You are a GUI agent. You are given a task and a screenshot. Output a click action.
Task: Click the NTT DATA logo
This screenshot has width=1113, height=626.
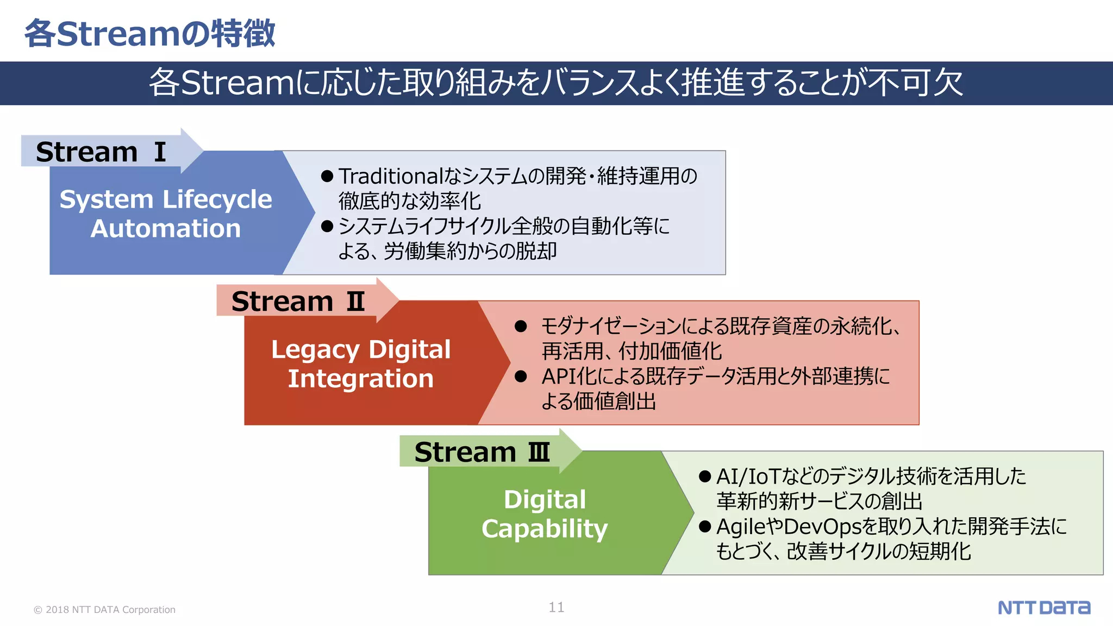[x=1043, y=608]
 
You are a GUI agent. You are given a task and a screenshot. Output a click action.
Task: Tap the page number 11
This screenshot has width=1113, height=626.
[x=556, y=608]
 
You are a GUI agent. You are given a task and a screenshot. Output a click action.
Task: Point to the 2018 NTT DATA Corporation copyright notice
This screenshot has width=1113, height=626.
[x=105, y=610]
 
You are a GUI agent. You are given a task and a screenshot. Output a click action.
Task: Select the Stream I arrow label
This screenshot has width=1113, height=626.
[x=101, y=152]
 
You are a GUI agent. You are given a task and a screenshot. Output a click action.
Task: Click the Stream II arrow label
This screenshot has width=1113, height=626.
[x=298, y=301]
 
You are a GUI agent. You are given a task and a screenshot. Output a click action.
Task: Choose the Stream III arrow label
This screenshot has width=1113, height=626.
[x=482, y=452]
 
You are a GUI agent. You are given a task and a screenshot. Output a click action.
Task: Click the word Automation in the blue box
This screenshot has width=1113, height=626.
[x=166, y=228]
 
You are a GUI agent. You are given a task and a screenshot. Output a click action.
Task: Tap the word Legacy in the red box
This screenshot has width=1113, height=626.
[x=315, y=350]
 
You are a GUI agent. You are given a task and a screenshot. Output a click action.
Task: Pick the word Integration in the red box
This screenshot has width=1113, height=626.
[x=361, y=379]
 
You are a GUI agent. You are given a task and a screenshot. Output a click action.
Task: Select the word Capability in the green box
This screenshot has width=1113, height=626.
[x=545, y=529]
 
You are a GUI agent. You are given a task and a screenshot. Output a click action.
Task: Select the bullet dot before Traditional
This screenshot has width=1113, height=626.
[x=327, y=176]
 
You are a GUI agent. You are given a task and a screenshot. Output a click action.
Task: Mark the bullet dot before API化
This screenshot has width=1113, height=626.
[x=521, y=376]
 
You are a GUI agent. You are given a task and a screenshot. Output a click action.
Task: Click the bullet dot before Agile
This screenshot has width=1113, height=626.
[x=705, y=527]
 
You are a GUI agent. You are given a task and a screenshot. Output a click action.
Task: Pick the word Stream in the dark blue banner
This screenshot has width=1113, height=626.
[x=236, y=83]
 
